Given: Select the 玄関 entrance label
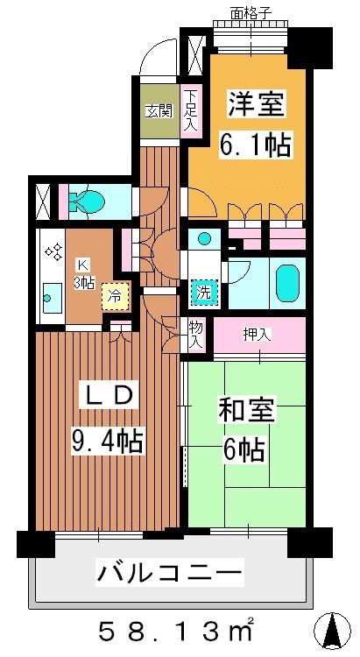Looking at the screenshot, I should coord(158,111).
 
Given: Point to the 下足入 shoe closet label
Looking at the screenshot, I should coord(191,111).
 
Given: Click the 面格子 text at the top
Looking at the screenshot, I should coord(251,14).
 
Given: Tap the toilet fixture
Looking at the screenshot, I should coord(88,201).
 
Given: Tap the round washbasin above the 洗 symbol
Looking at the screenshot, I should coord(204,238).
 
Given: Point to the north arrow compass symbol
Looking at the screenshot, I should coord(333,632).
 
